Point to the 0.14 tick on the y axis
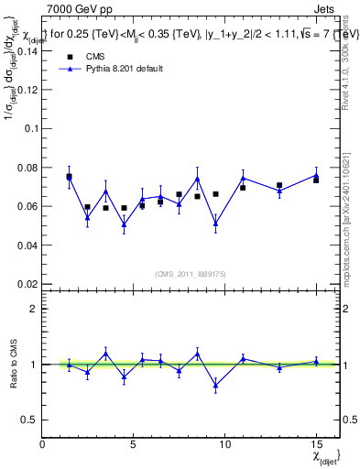point(27,52)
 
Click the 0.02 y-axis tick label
point(27,284)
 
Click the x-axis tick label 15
point(315,444)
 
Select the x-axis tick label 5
point(134,444)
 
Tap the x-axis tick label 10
point(224,444)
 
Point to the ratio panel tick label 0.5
point(29,420)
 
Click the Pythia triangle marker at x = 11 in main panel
point(243,178)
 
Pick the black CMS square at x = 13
point(279,185)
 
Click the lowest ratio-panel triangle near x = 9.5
point(215,386)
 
